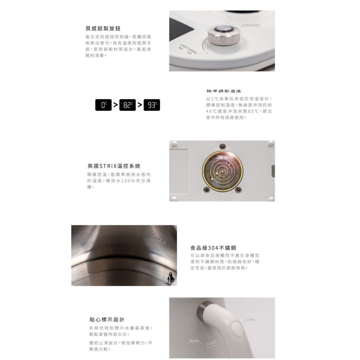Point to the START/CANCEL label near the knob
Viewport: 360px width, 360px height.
188,48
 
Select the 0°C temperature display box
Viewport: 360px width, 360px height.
104,105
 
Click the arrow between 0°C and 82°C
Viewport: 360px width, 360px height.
116,105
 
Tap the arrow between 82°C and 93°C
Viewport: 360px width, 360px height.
140,105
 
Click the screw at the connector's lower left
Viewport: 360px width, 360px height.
207,190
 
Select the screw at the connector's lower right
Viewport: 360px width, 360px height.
238,190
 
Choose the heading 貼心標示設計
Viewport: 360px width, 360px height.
107,319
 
